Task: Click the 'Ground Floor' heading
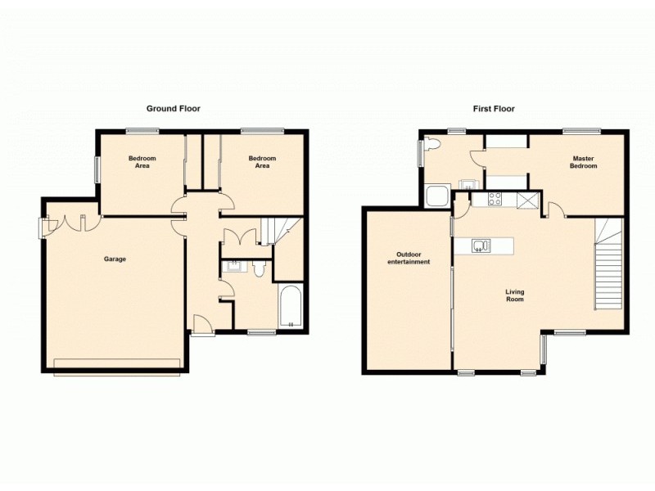tap(173, 108)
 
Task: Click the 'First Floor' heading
tap(494, 108)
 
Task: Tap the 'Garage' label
tap(115, 259)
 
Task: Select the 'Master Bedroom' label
tap(583, 162)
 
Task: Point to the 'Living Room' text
tap(514, 295)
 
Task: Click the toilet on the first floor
tap(434, 146)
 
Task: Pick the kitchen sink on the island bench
tap(481, 244)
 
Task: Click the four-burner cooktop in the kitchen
tap(495, 198)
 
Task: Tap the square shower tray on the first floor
tap(436, 196)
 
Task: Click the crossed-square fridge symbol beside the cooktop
tap(528, 198)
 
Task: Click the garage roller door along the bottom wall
tap(116, 364)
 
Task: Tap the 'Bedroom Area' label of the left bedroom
tap(142, 162)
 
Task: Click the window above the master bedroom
tap(580, 130)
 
